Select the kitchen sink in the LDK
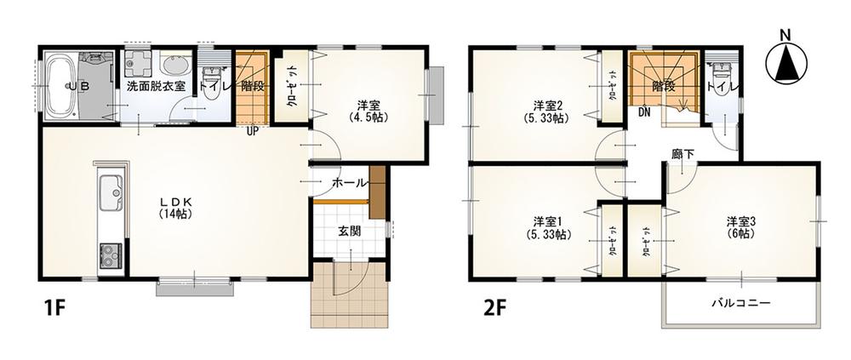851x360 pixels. (x=111, y=192)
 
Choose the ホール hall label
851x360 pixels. (x=348, y=183)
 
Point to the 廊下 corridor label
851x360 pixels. (x=683, y=153)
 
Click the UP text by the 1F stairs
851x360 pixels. (x=254, y=131)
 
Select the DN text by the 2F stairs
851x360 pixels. (x=644, y=111)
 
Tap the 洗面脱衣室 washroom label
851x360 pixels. (x=156, y=86)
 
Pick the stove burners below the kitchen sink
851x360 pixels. (x=111, y=253)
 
